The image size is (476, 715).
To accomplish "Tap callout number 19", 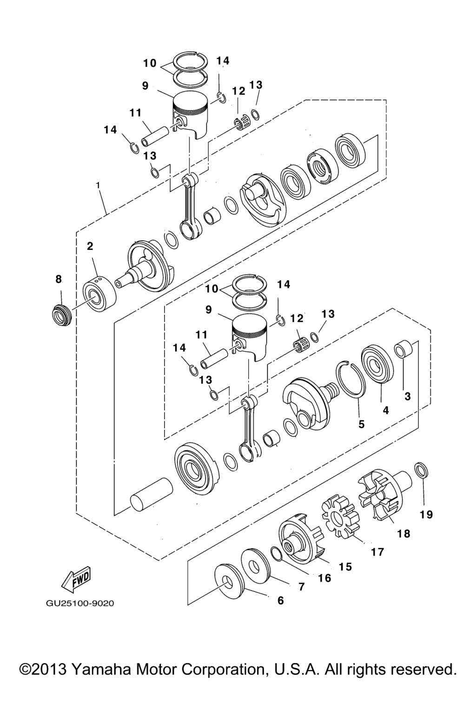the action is [426, 514].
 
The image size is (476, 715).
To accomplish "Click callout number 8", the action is [59, 279].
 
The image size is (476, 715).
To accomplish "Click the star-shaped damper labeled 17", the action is [340, 514].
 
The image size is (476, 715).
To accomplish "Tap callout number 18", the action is [403, 533].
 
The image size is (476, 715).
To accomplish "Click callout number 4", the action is [386, 410].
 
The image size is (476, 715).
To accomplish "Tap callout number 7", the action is [301, 587].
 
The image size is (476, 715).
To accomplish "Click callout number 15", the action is [345, 567].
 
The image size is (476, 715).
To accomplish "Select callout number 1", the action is [98, 185].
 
